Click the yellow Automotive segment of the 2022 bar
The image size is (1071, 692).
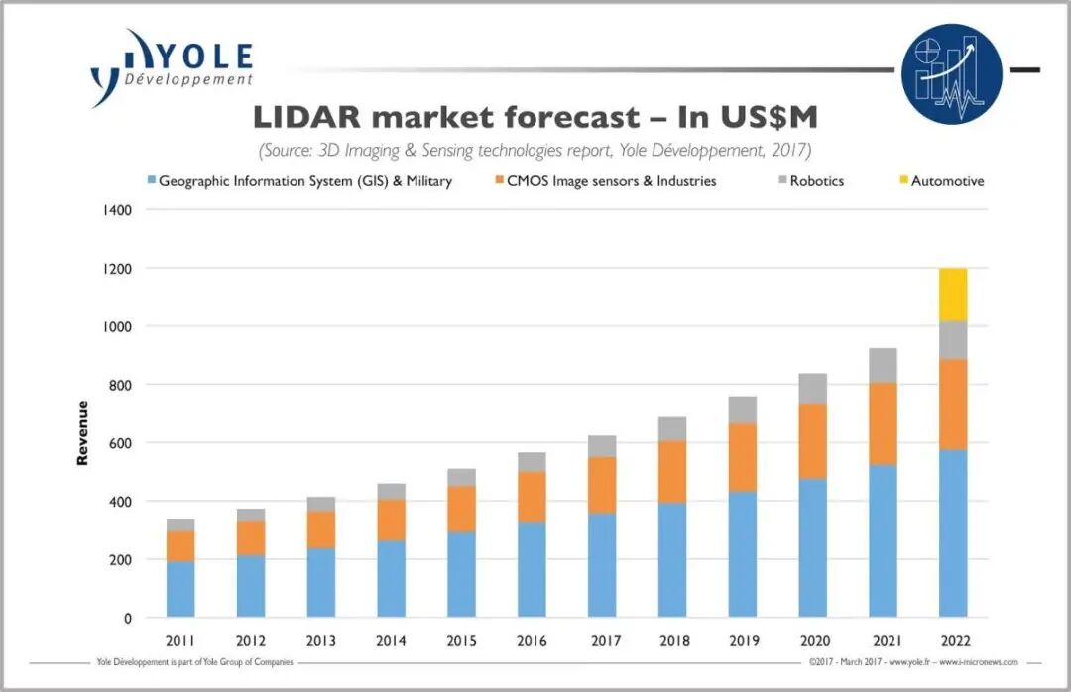[953, 294]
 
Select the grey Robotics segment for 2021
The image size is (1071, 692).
[883, 366]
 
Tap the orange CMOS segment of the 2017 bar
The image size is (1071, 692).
[602, 485]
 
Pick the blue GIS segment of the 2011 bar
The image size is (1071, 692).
[180, 589]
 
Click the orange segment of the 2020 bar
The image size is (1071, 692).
[813, 441]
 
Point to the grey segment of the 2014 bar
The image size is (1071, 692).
[391, 491]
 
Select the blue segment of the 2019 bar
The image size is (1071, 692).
[743, 554]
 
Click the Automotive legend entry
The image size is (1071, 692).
[942, 181]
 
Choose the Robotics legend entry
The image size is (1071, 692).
[811, 181]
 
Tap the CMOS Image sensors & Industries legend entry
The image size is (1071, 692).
[606, 181]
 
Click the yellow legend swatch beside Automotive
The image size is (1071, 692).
[903, 180]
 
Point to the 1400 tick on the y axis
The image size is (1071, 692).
[117, 210]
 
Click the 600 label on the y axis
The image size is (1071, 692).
[121, 443]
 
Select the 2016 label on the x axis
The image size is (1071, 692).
[532, 641]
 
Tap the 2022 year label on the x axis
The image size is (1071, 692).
[955, 641]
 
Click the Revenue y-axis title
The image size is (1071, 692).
[82, 433]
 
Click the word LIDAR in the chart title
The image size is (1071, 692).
[306, 118]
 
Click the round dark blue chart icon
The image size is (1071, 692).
[951, 73]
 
